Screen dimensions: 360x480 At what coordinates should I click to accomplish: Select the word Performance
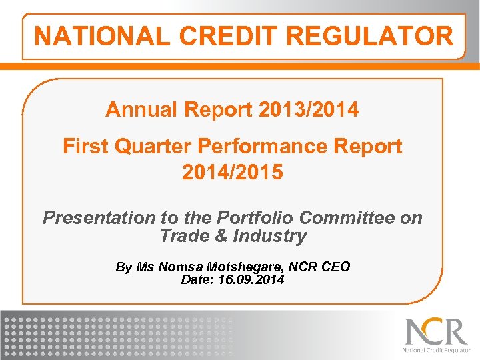[253, 146]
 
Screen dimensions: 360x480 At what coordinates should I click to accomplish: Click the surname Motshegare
[246, 267]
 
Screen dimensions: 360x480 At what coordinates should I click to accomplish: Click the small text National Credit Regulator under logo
[436, 349]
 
